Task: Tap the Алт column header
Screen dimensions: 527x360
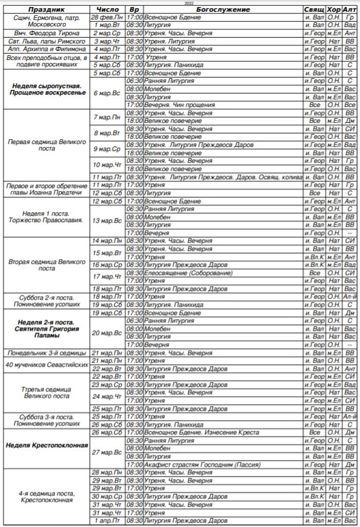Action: pyautogui.click(x=350, y=10)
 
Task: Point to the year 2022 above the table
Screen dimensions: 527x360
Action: pyautogui.click(x=180, y=4)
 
